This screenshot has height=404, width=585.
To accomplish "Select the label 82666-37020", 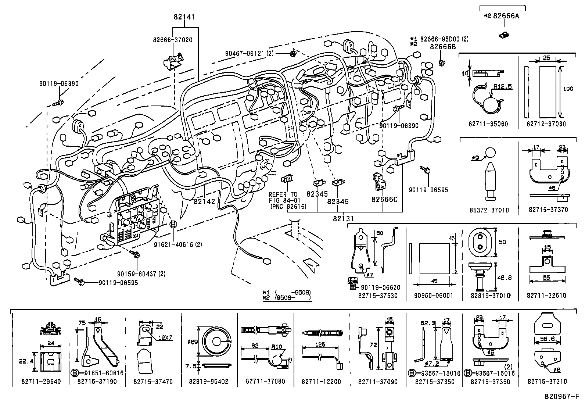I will click(x=173, y=40).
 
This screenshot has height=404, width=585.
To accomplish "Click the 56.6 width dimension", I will click(x=548, y=339).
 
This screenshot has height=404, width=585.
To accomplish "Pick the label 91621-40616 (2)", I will click(x=177, y=244).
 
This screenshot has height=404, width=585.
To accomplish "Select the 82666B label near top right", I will click(x=443, y=47).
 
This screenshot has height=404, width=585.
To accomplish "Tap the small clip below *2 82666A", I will click(x=503, y=35).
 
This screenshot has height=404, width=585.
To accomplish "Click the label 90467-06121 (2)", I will click(x=250, y=53).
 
